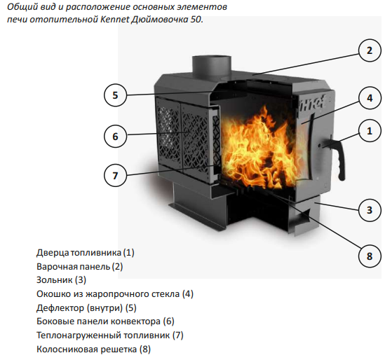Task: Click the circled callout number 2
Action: tap(370, 50)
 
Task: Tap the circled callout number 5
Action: tap(115, 95)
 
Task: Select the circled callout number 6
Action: tap(115, 137)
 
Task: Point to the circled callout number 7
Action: tap(115, 176)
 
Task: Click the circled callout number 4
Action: tap(370, 98)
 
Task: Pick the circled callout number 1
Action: tap(370, 131)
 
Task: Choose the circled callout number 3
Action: tap(370, 210)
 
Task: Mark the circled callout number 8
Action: tap(370, 256)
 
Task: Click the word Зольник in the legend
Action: tap(54, 280)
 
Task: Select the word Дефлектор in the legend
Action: tap(60, 307)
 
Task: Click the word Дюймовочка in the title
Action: tap(159, 20)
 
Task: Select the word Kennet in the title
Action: tap(115, 20)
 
